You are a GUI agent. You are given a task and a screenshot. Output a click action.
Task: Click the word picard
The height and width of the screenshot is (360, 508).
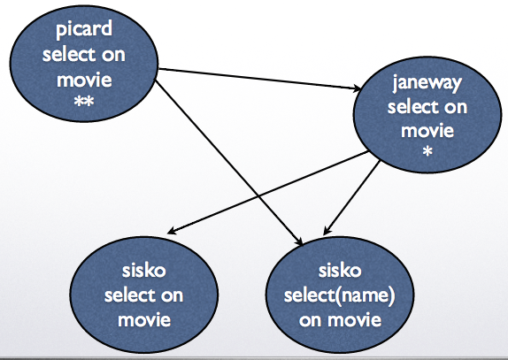[84, 29]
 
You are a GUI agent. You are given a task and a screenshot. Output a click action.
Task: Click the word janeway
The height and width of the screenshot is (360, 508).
[427, 83]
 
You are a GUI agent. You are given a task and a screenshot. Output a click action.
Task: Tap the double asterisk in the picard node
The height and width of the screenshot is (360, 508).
[84, 102]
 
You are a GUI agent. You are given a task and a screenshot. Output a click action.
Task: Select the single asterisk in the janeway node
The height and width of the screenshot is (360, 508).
[427, 151]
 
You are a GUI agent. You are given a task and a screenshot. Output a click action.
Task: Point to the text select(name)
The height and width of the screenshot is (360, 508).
[339, 295]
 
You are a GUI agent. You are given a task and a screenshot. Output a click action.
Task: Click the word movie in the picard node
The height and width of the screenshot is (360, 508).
[84, 80]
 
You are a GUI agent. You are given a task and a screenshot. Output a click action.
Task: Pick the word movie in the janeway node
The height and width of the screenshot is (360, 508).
[427, 130]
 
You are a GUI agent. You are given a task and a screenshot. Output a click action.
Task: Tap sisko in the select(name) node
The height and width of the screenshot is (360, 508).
[340, 271]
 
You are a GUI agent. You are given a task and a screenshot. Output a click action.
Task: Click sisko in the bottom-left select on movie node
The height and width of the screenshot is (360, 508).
[143, 271]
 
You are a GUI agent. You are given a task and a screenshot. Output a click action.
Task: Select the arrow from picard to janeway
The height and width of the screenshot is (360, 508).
[259, 79]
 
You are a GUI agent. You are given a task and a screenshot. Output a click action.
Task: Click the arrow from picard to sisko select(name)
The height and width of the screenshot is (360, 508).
[228, 163]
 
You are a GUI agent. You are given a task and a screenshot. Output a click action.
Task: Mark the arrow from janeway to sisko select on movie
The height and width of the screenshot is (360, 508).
[268, 192]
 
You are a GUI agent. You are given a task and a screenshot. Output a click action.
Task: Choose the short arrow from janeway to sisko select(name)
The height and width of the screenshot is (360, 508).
[351, 198]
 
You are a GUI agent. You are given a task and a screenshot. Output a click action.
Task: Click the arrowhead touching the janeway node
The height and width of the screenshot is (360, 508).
[357, 88]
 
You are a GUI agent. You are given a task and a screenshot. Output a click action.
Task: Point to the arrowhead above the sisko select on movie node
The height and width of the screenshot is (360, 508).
[172, 231]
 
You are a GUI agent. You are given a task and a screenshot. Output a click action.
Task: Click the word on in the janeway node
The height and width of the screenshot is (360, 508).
[456, 107]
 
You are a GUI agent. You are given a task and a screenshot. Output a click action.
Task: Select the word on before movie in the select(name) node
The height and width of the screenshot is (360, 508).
[310, 320]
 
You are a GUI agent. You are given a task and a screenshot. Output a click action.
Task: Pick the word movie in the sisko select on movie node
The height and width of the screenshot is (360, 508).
[144, 319]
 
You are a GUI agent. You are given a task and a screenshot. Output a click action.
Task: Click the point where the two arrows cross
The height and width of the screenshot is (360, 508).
[258, 196]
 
